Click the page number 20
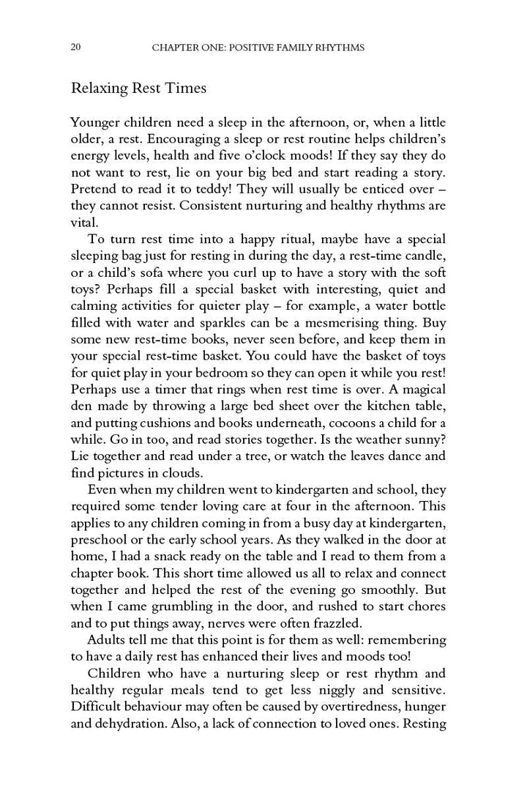75,48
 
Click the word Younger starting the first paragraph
96,122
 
